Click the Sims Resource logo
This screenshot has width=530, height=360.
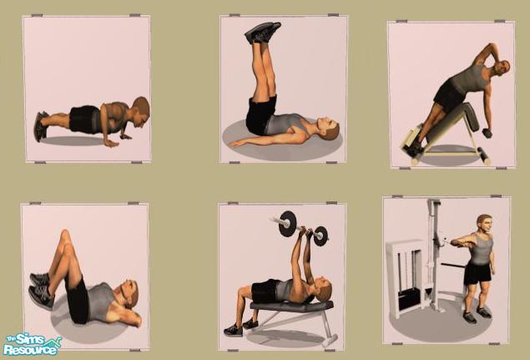tap(32, 344)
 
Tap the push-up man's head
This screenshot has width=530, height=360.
tap(140, 111)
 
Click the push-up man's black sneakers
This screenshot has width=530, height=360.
tap(40, 126)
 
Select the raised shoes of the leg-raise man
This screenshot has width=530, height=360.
tap(263, 33)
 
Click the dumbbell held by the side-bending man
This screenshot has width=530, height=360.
tap(487, 133)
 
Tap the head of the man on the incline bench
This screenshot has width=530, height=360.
tap(501, 69)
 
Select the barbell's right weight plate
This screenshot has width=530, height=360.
tap(321, 236)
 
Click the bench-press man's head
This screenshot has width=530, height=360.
tap(322, 290)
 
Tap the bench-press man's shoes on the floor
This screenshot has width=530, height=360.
tap(240, 327)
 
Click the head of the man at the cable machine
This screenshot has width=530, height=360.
tap(484, 224)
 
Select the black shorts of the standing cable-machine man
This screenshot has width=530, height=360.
tap(477, 273)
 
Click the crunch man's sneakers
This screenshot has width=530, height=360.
tap(41, 290)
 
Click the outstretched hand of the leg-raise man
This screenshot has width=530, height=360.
tap(236, 144)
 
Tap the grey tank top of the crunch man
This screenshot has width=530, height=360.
tap(100, 302)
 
